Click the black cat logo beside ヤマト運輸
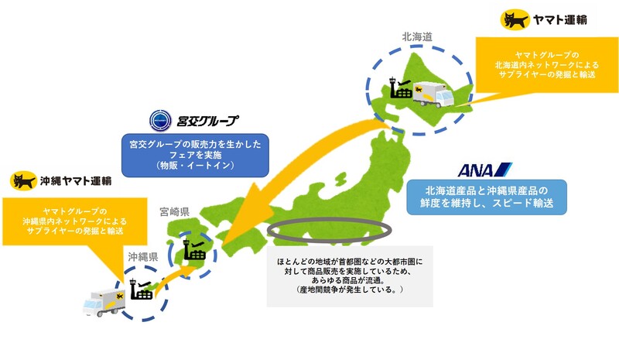[x=515, y=20]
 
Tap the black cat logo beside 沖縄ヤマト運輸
[x=23, y=181]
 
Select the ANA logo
[x=485, y=170]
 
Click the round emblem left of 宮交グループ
[x=160, y=121]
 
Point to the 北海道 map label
[x=417, y=36]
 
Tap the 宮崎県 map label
[x=175, y=212]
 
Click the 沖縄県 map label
[x=142, y=257]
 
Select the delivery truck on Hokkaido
[x=433, y=94]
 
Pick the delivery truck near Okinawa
[x=104, y=303]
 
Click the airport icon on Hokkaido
[x=400, y=87]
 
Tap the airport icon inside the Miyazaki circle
[x=194, y=250]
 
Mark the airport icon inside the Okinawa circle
[x=141, y=289]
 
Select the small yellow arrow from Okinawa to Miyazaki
[x=172, y=277]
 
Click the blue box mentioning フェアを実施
[x=195, y=156]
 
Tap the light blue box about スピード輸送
[x=487, y=197]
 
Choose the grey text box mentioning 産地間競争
[x=350, y=276]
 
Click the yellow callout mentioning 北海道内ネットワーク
[x=547, y=65]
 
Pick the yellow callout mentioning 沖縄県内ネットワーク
[x=74, y=221]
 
